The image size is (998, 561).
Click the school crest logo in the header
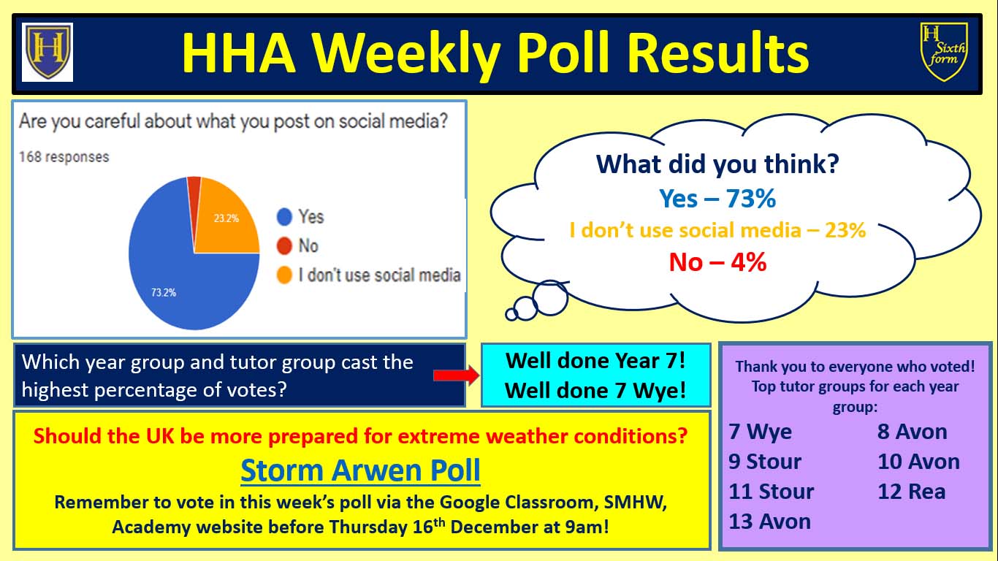[47, 52]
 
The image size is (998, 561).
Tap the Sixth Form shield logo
[944, 52]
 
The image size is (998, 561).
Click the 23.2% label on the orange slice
[226, 218]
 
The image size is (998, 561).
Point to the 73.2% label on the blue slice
[164, 293]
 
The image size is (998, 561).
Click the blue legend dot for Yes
[284, 216]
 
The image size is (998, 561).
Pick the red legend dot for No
[284, 245]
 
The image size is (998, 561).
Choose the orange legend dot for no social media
[284, 275]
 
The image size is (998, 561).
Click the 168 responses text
[64, 157]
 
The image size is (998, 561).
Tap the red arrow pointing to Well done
[456, 375]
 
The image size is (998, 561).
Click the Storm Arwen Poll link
[360, 470]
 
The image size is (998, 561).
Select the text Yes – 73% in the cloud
[717, 198]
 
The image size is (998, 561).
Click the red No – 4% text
[717, 262]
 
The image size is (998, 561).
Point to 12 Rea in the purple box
[911, 492]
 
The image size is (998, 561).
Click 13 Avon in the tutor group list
[769, 522]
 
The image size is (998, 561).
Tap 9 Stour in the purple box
[764, 462]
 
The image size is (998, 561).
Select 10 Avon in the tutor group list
[918, 462]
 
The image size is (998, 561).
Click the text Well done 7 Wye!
[595, 391]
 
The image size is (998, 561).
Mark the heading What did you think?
[717, 164]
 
